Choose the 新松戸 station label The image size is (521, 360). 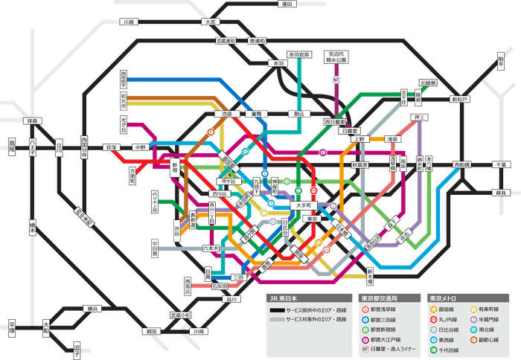pos(456,98)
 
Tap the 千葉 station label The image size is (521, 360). pos(499,164)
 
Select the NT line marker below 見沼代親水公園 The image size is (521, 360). pos(336,80)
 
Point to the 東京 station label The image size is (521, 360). pos(313,219)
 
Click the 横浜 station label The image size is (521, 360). pos(91,308)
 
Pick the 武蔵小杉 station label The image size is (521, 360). pos(180,315)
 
